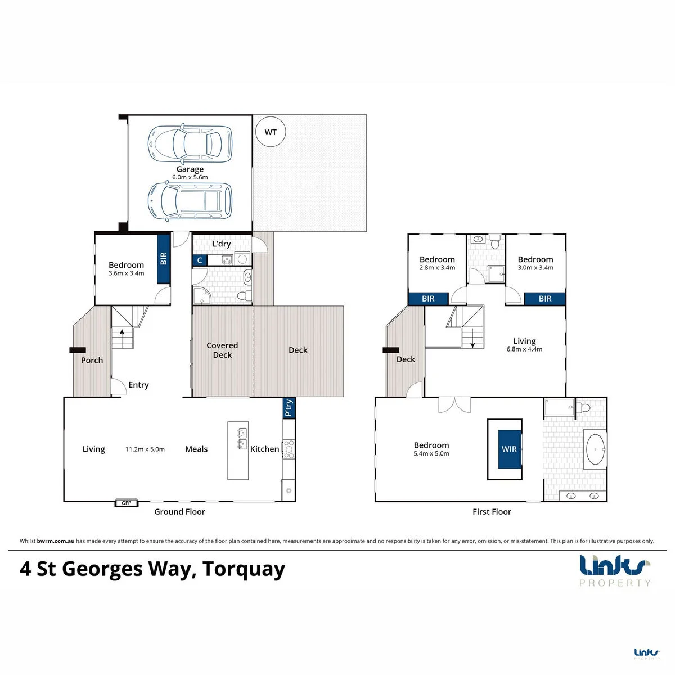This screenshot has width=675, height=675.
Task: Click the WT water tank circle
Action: coord(271,132)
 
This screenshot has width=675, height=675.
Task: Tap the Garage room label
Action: coord(190,169)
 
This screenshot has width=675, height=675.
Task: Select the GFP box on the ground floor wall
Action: coord(127,503)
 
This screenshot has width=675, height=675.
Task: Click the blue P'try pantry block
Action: coord(289,408)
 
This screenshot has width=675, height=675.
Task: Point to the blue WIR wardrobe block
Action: coord(510,449)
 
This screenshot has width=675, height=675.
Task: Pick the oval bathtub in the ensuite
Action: coord(596,449)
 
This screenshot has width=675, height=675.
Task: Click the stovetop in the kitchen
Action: coord(289,449)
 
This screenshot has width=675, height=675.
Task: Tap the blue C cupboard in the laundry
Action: coord(200,260)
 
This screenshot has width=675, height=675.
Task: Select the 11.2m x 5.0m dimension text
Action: coord(145,449)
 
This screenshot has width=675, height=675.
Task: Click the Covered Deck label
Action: coord(222,350)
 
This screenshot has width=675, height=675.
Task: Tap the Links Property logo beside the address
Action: coord(615,571)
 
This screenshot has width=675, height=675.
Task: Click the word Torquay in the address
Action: coord(244,569)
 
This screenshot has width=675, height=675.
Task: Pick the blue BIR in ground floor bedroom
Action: coord(164,259)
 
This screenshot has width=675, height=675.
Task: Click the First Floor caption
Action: coord(492,512)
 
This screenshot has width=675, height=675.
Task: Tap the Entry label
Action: coord(139,385)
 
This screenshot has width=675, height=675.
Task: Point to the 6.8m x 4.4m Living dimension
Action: coord(524,349)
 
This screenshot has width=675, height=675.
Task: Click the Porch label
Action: coord(92,360)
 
